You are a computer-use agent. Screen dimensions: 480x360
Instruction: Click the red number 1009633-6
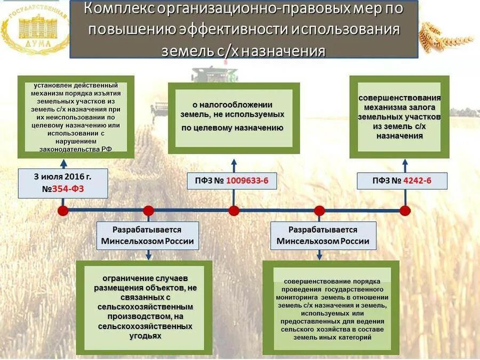tap(247, 181)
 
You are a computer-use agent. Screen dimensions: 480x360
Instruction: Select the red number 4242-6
tap(418, 181)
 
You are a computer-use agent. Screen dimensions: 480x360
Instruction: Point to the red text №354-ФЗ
tap(63, 189)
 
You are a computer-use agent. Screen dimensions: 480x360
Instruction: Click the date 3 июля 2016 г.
tap(63, 176)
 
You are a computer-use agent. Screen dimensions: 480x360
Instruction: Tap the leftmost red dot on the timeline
tap(63, 210)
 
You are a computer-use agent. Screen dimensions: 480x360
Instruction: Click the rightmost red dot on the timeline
tap(405, 210)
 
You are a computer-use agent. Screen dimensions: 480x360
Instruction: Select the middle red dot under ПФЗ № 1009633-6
tap(234, 210)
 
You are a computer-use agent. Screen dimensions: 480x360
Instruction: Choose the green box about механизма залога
tap(399, 117)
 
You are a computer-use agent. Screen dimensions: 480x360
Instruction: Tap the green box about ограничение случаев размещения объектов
tap(144, 307)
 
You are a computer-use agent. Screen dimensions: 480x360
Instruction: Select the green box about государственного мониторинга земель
tap(331, 308)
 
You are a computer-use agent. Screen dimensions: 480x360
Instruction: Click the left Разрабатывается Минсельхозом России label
tap(148, 235)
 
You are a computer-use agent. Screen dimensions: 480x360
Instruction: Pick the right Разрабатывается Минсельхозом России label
tap(323, 235)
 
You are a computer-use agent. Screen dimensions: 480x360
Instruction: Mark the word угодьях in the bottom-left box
tap(145, 336)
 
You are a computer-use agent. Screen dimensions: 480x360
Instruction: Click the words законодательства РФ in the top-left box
tap(76, 149)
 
